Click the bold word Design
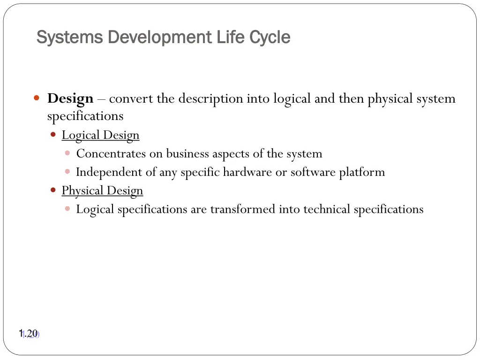coord(70,99)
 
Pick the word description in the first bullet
coord(210,99)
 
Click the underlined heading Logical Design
coord(100,135)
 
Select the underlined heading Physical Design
coord(102,191)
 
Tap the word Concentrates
coord(111,154)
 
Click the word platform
coord(362,172)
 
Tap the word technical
coord(327,210)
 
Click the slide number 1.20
coord(28,334)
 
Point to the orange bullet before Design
coord(37,98)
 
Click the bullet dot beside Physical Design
coord(53,190)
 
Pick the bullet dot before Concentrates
coord(68,153)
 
